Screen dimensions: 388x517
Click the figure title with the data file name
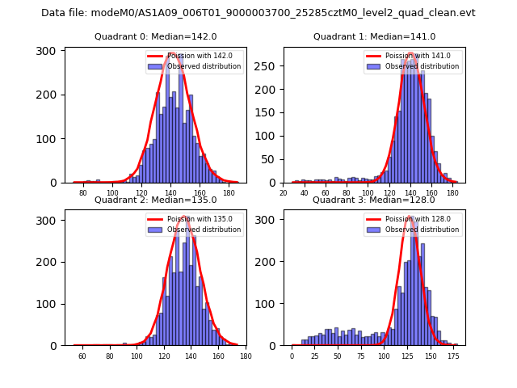click(x=258, y=13)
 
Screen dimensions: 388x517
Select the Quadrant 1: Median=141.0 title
click(x=374, y=36)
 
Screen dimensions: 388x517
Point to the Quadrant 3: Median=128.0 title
click(x=374, y=200)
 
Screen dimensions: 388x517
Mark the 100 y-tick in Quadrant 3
click(x=269, y=303)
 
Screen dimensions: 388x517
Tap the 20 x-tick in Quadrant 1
click(x=283, y=194)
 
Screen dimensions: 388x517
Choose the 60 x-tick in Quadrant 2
click(x=82, y=356)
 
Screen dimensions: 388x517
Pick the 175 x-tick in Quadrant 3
click(x=453, y=356)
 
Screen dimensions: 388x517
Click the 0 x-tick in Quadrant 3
click(x=292, y=356)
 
